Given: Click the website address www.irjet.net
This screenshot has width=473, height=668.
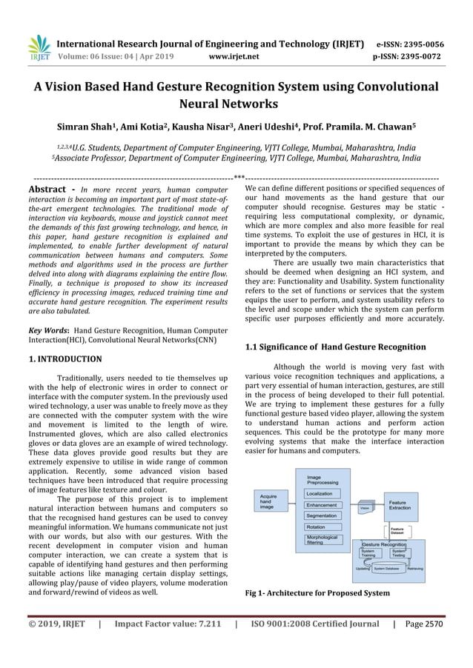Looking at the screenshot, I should tap(234, 55).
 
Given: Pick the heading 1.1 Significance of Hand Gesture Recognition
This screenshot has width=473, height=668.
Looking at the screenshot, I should tap(335, 347).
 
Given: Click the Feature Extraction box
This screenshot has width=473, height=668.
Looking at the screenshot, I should tap(401, 506).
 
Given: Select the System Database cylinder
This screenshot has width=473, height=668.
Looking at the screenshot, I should tap(388, 569).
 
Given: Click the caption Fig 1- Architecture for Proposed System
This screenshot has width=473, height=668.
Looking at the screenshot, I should tap(317, 593).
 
